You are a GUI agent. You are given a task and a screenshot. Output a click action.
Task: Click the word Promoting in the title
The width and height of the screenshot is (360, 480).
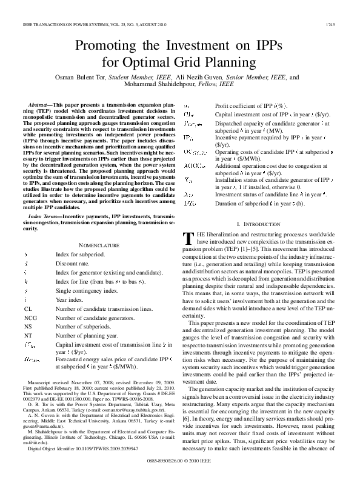(x=105, y=46)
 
